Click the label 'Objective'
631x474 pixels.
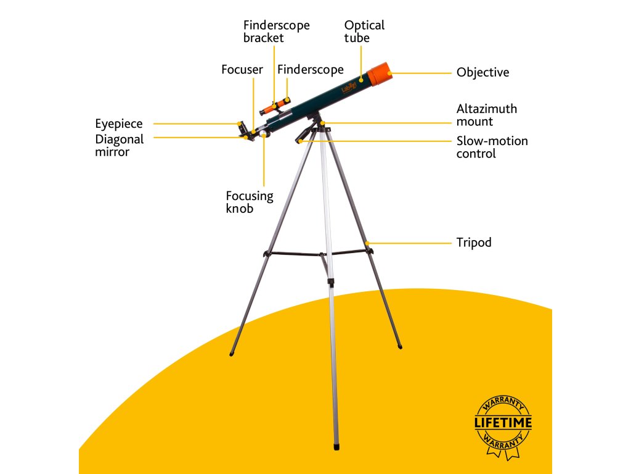point(482,73)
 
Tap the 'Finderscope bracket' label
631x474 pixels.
point(276,31)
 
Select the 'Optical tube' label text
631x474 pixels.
point(364,31)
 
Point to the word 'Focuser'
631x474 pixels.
point(242,70)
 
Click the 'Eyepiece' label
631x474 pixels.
point(118,124)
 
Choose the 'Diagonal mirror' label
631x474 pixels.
point(119,145)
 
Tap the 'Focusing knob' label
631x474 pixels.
point(249,202)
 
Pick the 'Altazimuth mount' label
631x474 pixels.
point(486,115)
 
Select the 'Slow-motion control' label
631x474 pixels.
point(492,147)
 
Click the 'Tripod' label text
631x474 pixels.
point(474,243)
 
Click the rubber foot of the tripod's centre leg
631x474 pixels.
point(336,444)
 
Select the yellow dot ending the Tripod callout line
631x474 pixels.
point(368,243)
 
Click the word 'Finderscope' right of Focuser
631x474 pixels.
point(310,70)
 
